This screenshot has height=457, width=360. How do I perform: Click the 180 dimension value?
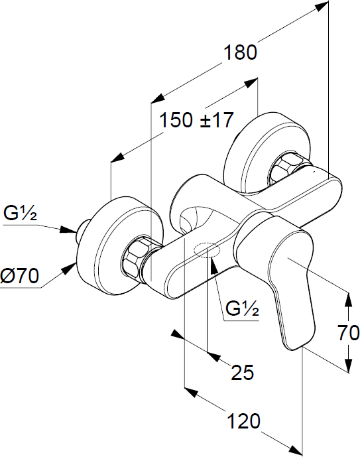[240, 52]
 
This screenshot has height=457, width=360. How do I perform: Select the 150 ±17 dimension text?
[197, 119]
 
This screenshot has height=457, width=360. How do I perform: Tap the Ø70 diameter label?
[19, 275]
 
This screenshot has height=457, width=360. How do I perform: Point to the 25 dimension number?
[243, 372]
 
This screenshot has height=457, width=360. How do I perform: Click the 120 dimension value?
[243, 421]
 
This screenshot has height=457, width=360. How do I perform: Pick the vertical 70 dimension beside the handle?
[348, 332]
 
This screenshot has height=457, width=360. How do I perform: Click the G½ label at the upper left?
[20, 213]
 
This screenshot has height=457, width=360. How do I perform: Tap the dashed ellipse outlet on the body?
[207, 250]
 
